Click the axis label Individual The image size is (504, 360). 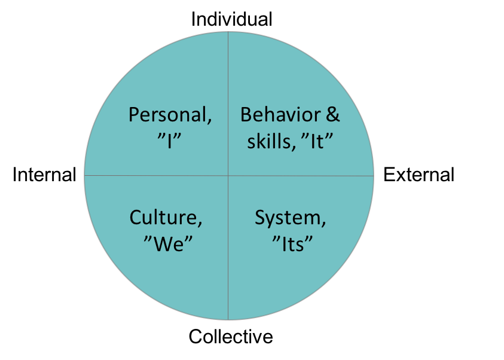[x=231, y=19]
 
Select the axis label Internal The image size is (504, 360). [x=44, y=175]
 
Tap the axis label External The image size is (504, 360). [x=419, y=175]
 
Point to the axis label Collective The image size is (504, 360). [x=231, y=337]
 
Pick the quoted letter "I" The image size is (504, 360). [x=169, y=141]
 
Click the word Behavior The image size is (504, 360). [x=280, y=114]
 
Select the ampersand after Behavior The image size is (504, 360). [x=332, y=114]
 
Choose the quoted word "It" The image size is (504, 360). [x=317, y=141]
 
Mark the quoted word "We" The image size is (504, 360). [x=168, y=244]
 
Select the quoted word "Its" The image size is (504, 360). [x=292, y=244]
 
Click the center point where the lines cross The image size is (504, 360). [x=228, y=175]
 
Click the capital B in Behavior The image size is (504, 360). [x=246, y=114]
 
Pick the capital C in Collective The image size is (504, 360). [x=196, y=337]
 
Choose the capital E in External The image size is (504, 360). [x=389, y=175]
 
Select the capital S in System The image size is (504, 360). [x=260, y=218]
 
